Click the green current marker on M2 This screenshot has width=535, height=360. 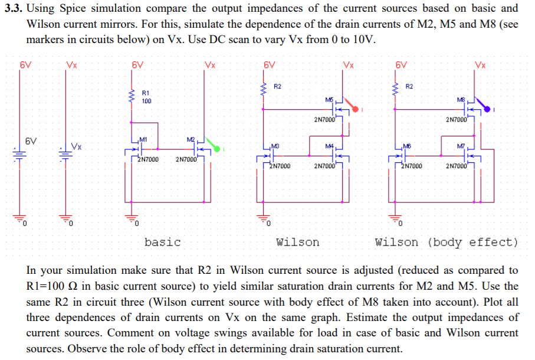tap(216, 149)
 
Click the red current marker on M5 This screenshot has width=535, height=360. tap(355, 108)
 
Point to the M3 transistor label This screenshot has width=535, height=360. tap(274, 146)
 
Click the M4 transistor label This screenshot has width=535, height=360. tap(329, 146)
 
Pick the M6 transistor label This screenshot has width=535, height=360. tap(406, 146)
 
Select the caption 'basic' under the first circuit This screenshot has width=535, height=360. tap(162, 242)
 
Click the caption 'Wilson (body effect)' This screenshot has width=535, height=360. tap(447, 242)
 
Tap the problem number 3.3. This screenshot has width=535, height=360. tap(12, 8)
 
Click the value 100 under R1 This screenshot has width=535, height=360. tap(147, 101)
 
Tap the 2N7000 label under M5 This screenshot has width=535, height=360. tap(325, 120)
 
